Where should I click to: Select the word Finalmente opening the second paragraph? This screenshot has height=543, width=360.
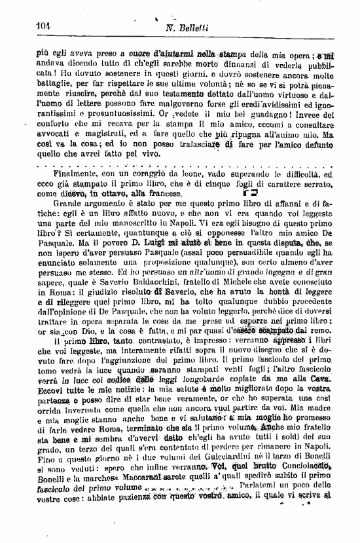pos(82,175)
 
